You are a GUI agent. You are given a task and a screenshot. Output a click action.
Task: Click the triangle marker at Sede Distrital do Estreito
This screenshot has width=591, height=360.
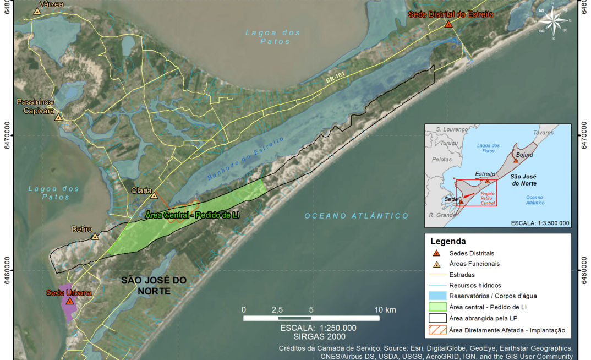(448, 24)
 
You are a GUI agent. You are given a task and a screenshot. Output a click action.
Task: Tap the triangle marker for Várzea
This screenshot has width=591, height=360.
(37, 11)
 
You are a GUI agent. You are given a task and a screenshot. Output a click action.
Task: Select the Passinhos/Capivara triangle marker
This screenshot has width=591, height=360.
(58, 117)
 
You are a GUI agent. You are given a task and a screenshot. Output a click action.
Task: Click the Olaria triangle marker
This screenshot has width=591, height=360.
(154, 195)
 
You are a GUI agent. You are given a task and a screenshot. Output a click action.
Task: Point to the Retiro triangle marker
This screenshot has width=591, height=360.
(95, 237)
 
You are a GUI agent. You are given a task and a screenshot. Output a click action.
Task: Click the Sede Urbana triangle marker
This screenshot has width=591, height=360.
(70, 301)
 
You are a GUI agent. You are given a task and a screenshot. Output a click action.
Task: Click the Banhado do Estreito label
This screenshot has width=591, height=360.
(246, 159)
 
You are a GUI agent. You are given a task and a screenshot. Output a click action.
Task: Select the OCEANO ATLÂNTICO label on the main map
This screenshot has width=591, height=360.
(357, 216)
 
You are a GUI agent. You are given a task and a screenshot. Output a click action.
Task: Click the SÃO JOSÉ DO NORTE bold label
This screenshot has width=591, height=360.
(154, 285)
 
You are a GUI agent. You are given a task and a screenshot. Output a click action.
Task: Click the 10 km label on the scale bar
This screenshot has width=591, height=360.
(385, 310)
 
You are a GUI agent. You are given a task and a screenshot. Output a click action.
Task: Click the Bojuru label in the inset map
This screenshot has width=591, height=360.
(524, 155)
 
